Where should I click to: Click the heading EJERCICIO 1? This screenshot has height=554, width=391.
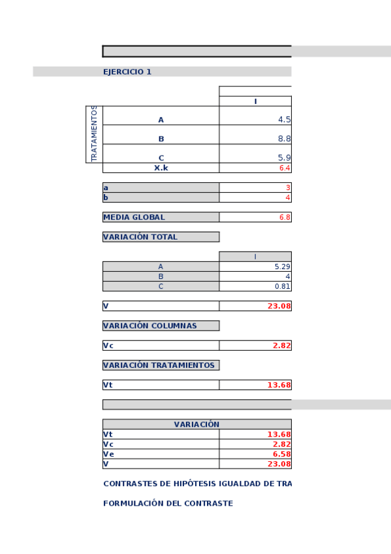pyautogui.click(x=127, y=72)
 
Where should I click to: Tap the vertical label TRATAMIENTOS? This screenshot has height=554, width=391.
pyautogui.click(x=94, y=134)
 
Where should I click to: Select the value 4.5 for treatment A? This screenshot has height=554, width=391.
pyautogui.click(x=284, y=120)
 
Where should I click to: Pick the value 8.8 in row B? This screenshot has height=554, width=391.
pyautogui.click(x=284, y=138)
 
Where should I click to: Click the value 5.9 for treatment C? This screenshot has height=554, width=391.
pyautogui.click(x=284, y=157)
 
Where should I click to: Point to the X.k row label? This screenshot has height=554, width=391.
pyautogui.click(x=161, y=168)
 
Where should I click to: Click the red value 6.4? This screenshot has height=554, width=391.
pyautogui.click(x=285, y=168)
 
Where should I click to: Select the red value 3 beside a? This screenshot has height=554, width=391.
pyautogui.click(x=288, y=187)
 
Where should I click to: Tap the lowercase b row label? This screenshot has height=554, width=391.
pyautogui.click(x=105, y=197)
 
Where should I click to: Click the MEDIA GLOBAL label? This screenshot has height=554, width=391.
pyautogui.click(x=134, y=217)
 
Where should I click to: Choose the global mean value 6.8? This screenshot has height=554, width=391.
pyautogui.click(x=285, y=217)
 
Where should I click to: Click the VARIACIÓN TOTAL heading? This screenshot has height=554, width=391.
pyautogui.click(x=140, y=237)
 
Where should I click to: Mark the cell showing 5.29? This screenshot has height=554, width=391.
pyautogui.click(x=283, y=267)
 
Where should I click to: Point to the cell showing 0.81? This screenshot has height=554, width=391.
pyautogui.click(x=283, y=286)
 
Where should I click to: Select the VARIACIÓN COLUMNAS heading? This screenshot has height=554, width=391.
pyautogui.click(x=149, y=325)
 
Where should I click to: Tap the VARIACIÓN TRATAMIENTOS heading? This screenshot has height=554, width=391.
pyautogui.click(x=159, y=365)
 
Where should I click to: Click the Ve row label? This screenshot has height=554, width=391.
pyautogui.click(x=108, y=454)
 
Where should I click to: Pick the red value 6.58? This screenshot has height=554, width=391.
pyautogui.click(x=282, y=454)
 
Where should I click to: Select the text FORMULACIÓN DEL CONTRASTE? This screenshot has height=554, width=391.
pyautogui.click(x=168, y=504)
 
